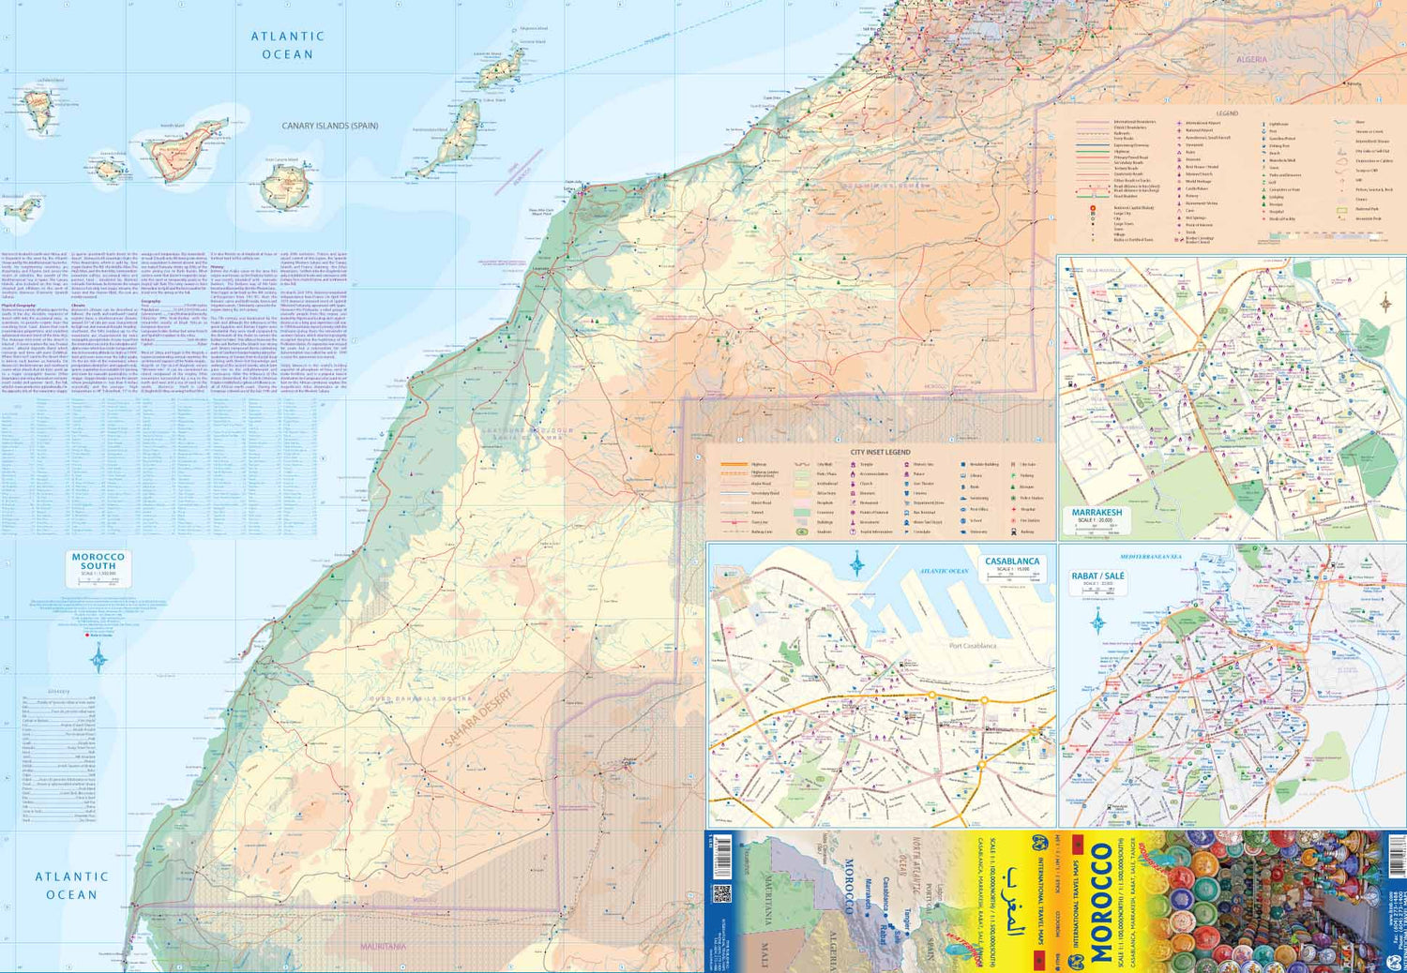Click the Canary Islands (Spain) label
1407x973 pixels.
pos(330,126)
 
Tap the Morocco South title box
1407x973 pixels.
pos(98,562)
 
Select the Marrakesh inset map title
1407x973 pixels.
pos(1097,513)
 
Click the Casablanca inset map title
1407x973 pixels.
pos(1012,561)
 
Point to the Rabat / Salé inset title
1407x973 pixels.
pos(1097,576)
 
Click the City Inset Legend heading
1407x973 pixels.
pos(880,452)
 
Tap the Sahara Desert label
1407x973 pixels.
pos(478,719)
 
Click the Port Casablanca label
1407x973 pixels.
pos(973,646)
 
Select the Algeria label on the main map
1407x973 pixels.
pos(1251,59)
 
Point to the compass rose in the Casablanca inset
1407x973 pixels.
pos(856,564)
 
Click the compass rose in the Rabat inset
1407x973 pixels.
pos(1097,621)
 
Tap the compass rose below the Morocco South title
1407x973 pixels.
pos(98,659)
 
